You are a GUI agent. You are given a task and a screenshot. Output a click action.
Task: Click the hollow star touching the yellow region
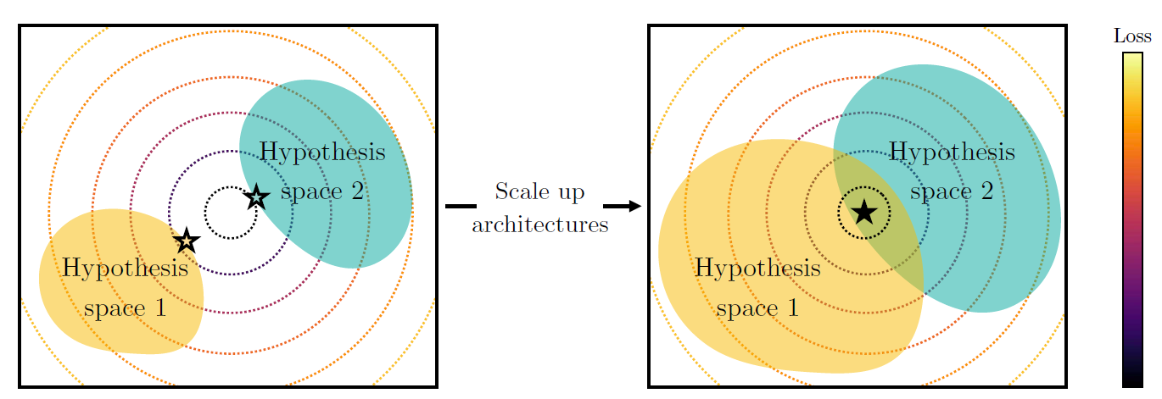(x=187, y=241)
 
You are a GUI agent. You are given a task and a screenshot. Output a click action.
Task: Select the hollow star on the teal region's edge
(x=256, y=197)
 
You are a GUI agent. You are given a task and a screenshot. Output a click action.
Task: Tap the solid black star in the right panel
(x=863, y=211)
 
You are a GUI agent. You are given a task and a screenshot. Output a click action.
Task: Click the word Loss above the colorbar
(x=1132, y=36)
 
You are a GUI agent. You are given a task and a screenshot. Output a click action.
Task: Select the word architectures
(x=539, y=224)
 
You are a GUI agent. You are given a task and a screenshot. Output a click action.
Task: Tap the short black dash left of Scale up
(x=461, y=206)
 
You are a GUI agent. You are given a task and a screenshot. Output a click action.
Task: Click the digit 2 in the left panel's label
(x=355, y=192)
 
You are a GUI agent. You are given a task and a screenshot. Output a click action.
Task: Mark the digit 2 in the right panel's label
(x=986, y=192)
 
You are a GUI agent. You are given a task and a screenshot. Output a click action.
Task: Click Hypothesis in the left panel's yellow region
(x=125, y=269)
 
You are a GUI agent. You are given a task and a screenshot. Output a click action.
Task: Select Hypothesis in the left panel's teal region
(x=321, y=152)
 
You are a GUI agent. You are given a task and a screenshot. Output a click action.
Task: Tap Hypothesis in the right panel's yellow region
(x=757, y=269)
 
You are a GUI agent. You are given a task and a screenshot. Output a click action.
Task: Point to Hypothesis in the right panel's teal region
(x=951, y=152)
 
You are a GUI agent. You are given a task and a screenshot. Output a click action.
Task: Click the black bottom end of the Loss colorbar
(x=1132, y=380)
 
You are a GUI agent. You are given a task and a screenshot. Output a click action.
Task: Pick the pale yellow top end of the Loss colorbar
(x=1132, y=59)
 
